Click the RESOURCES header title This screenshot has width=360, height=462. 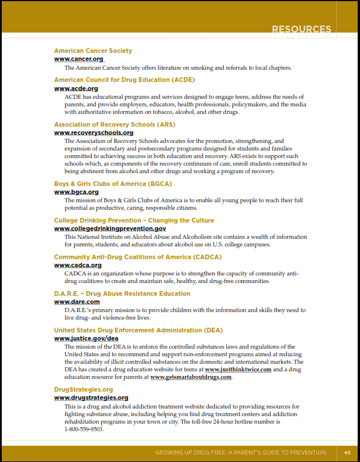click(301, 29)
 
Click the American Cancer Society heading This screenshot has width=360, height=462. click(93, 51)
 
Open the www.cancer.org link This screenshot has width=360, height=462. click(79, 59)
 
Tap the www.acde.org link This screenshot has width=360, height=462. click(76, 88)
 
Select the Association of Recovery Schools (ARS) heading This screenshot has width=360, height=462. click(115, 124)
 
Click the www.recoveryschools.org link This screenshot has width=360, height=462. click(94, 132)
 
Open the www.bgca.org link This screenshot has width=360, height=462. click(76, 192)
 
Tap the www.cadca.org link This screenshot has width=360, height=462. click(78, 265)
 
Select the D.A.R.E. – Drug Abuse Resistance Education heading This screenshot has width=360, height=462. click(122, 293)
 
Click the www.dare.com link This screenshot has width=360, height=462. click(77, 302)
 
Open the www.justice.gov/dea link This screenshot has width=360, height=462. click(86, 338)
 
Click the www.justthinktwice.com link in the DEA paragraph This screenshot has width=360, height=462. click(238, 370)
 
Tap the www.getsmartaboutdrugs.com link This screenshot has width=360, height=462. click(191, 377)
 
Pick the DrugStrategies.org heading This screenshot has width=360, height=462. click(83, 389)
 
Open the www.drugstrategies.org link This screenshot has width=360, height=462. click(91, 398)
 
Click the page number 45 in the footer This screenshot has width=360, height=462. click(347, 453)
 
